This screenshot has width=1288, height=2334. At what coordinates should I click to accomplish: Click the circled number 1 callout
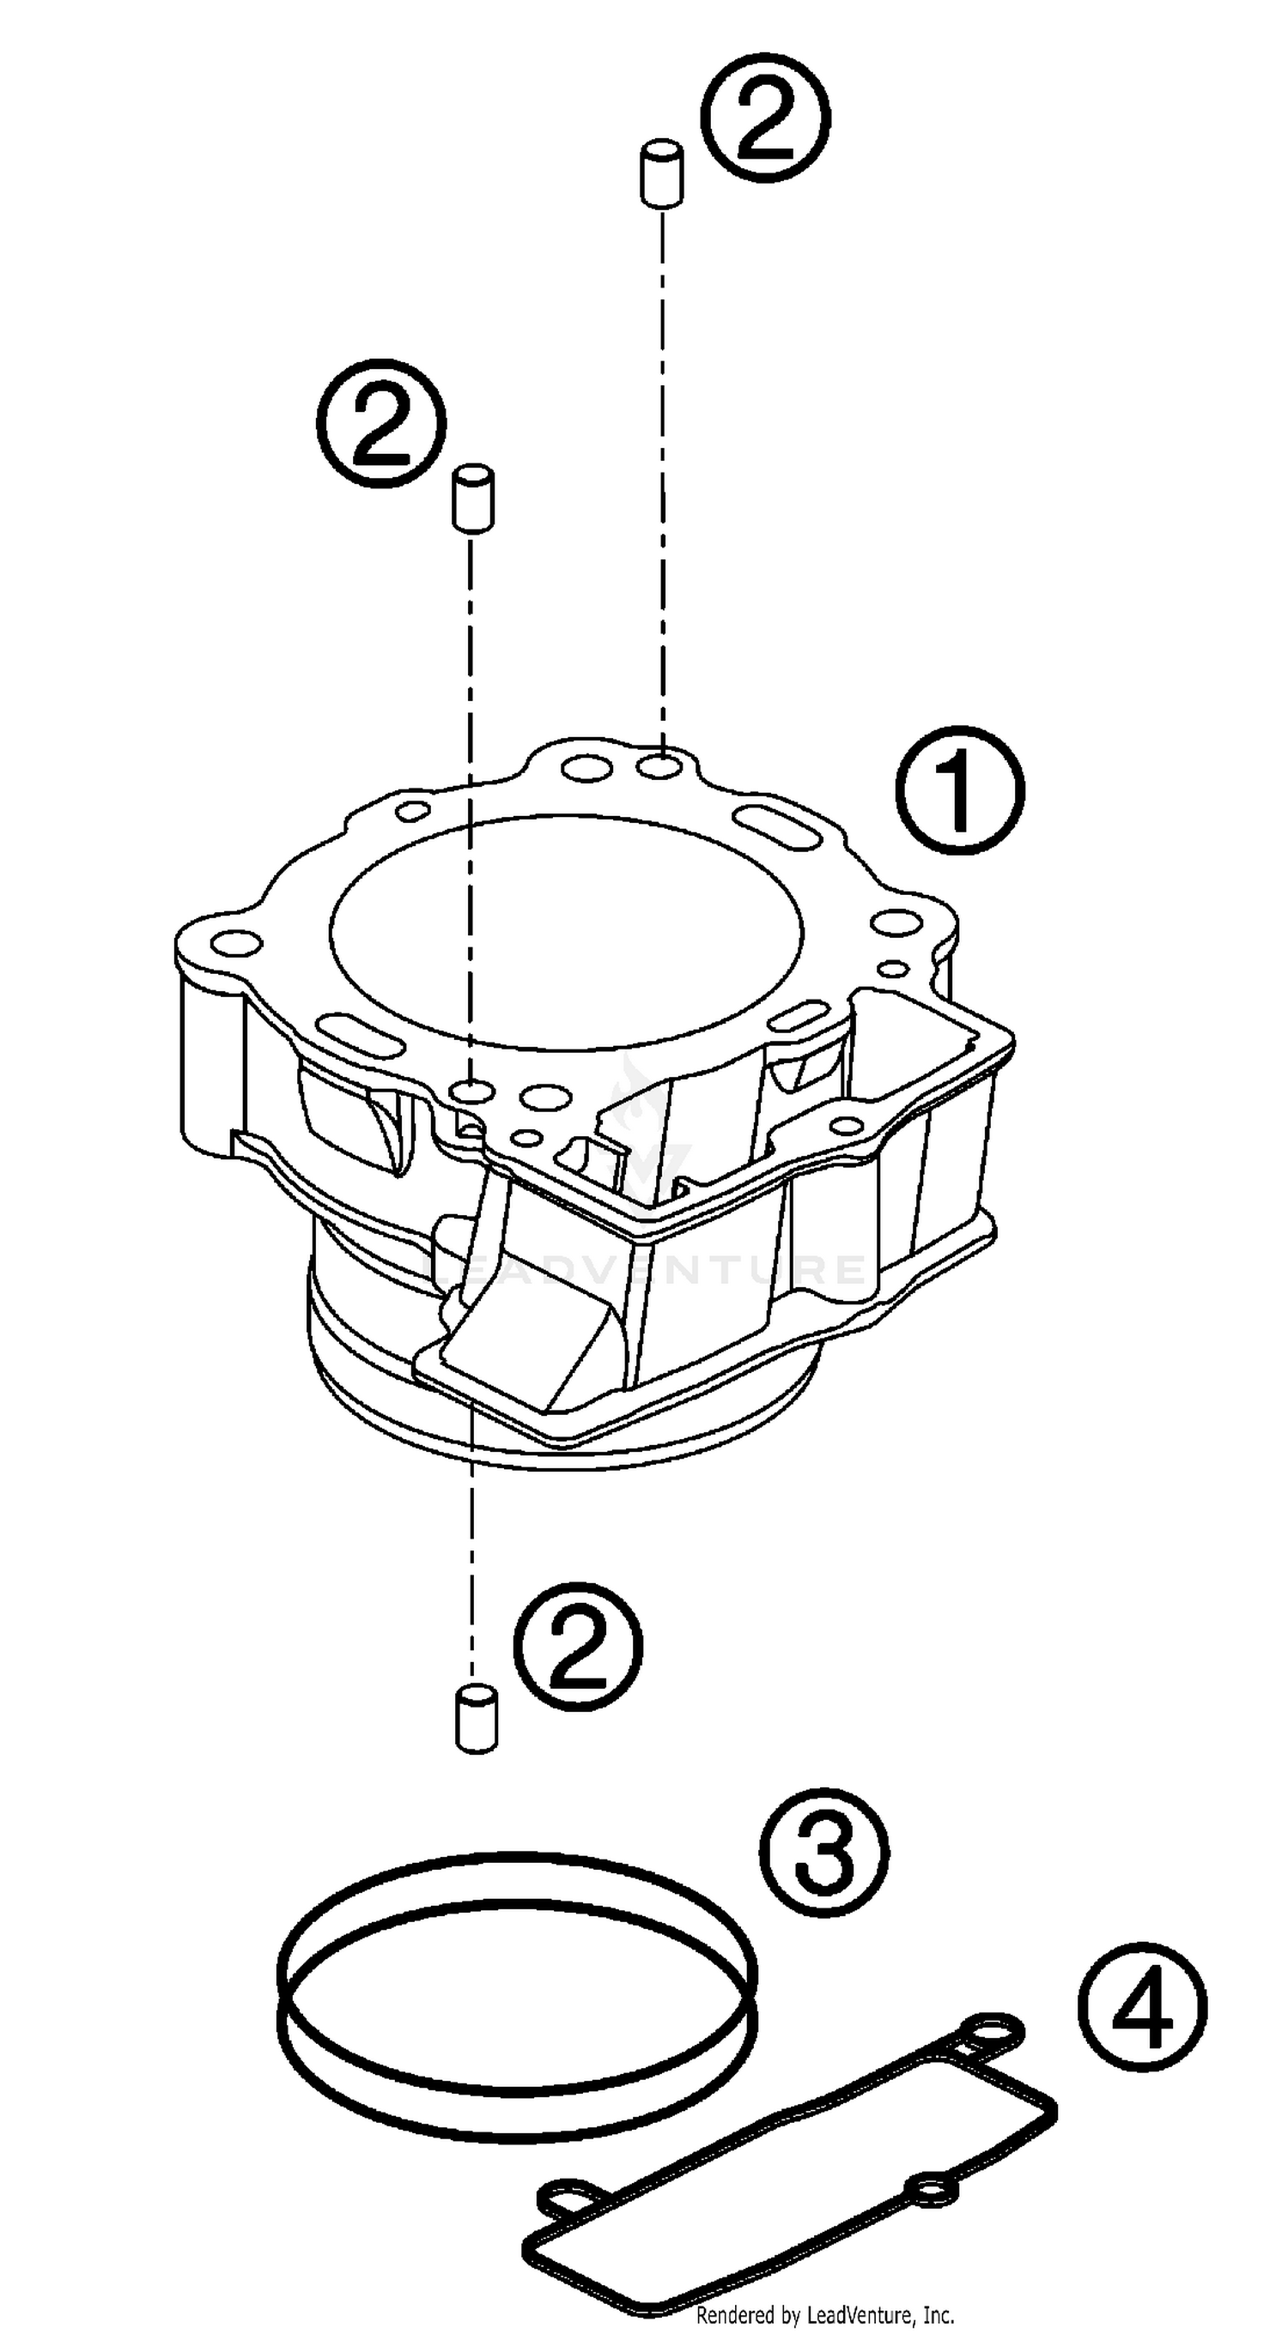click(x=960, y=790)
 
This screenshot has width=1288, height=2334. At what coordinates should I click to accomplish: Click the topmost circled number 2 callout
click(x=766, y=119)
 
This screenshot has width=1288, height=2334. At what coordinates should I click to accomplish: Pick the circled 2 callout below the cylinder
click(x=578, y=1648)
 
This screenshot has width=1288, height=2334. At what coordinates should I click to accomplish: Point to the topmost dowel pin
click(x=662, y=172)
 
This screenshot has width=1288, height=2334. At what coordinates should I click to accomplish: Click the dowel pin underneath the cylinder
click(x=476, y=1719)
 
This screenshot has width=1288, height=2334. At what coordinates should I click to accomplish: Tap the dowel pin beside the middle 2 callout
click(x=473, y=498)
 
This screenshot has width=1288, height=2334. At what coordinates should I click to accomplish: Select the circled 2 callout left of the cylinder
click(x=381, y=423)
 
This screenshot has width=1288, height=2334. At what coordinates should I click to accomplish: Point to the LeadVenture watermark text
click(x=648, y=1269)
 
